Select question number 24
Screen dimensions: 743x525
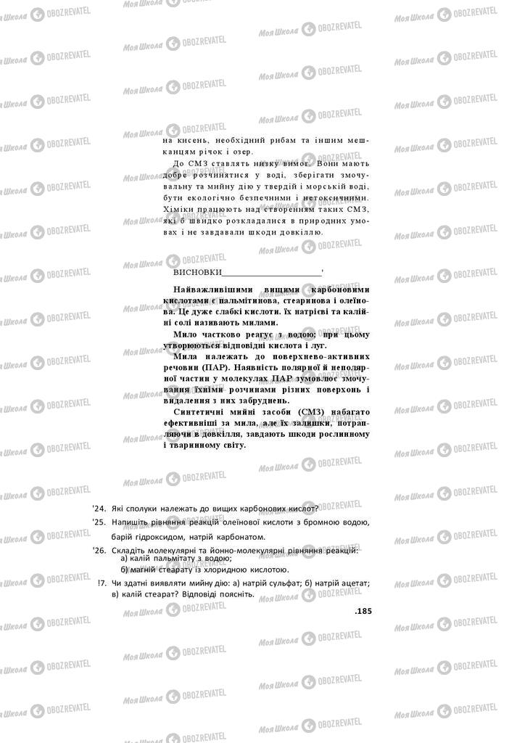pos(99,508)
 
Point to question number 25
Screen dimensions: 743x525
pos(99,522)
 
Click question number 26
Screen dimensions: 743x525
pos(99,551)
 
